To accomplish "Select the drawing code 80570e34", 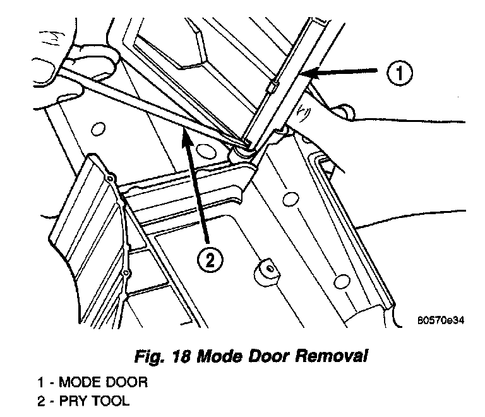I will tap(440, 320).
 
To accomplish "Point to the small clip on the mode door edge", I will tap(273, 85).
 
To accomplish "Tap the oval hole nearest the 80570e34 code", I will tap(341, 280).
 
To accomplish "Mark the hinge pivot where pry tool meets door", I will tap(241, 152).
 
